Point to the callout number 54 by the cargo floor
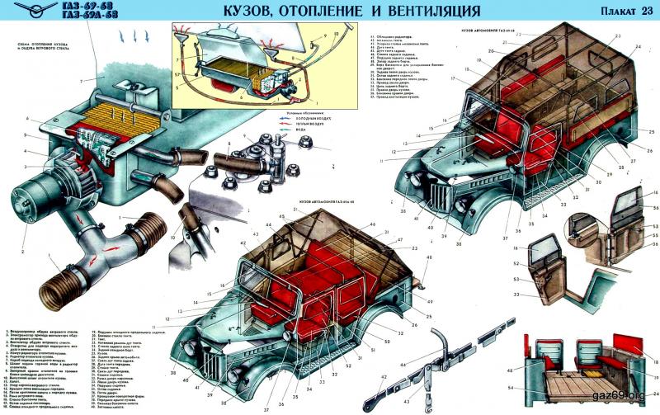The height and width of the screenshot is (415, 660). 511,387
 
